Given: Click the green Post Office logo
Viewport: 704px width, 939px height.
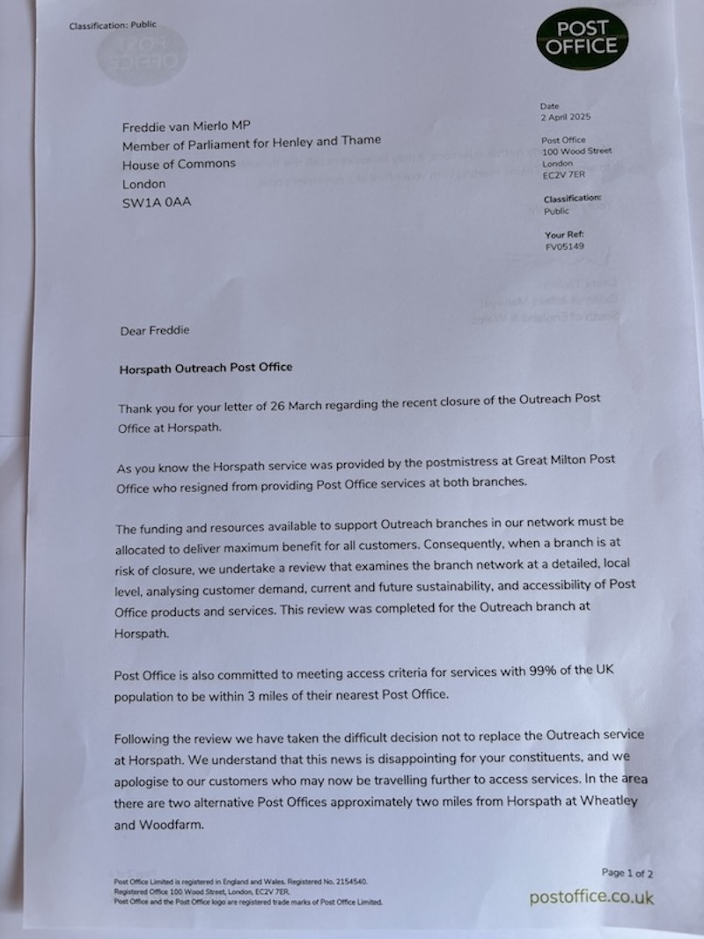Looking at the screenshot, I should (x=583, y=38).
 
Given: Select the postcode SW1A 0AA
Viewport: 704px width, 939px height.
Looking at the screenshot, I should (x=157, y=203).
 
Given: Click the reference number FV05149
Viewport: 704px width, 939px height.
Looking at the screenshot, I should (x=564, y=246).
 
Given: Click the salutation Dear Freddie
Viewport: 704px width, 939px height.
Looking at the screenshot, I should (x=154, y=331).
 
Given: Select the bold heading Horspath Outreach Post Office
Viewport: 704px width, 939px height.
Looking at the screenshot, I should (x=206, y=368).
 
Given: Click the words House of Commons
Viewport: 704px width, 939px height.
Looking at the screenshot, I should (x=179, y=165).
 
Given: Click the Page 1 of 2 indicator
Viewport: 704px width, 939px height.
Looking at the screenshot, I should (x=627, y=873).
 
